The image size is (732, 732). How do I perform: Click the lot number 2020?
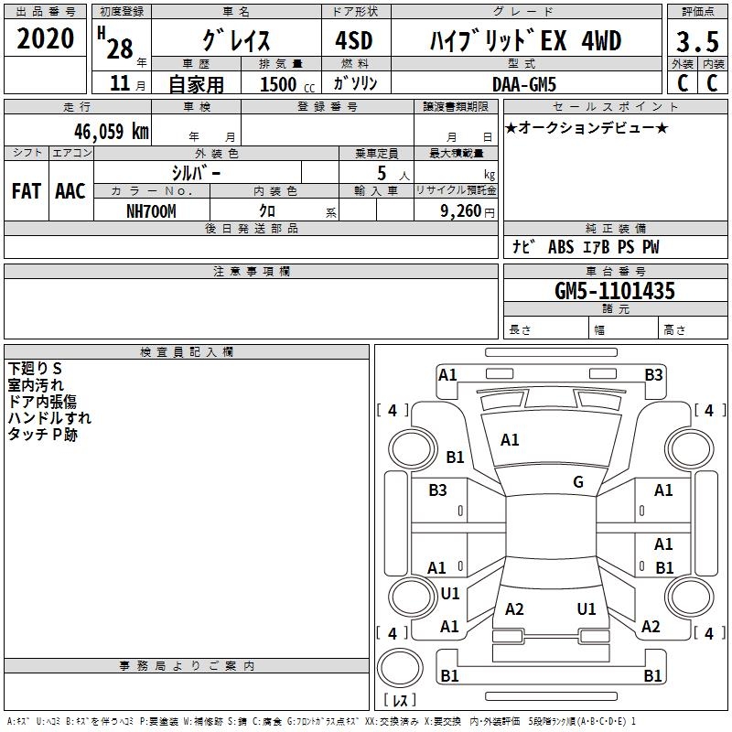pos(46,39)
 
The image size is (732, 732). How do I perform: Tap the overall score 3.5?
pos(697,42)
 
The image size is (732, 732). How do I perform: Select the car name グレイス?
pos(235,41)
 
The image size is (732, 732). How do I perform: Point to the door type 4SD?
pos(353,41)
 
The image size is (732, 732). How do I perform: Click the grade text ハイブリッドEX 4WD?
pos(524,41)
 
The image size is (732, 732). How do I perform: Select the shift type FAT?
pos(26,191)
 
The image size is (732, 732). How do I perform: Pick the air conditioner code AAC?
pos(70,191)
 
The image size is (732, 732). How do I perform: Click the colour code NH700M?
pos(151,210)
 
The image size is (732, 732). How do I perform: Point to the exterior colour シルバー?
pos(196,172)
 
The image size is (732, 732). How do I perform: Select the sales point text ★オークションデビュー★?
pos(587,127)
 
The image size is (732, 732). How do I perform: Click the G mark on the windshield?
pos(578,482)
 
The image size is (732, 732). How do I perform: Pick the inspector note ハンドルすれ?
pos(49,418)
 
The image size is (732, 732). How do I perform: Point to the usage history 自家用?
pos(196,84)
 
